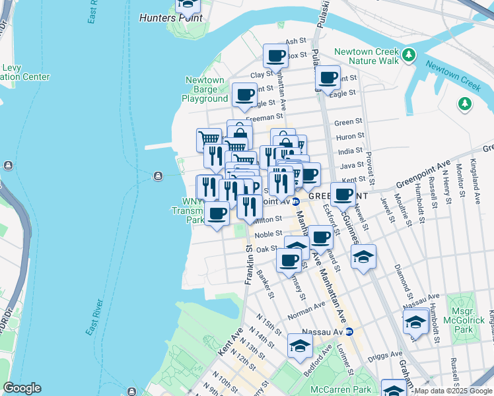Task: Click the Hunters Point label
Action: [x=171, y=18]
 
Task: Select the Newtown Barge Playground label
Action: [x=205, y=90]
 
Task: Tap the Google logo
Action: [x=22, y=388]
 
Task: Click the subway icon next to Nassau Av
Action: [x=349, y=331]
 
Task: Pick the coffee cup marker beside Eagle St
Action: [x=244, y=94]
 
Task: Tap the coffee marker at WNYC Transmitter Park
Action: [x=217, y=213]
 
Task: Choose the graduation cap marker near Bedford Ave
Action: [x=300, y=345]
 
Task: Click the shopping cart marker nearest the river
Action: [x=209, y=139]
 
